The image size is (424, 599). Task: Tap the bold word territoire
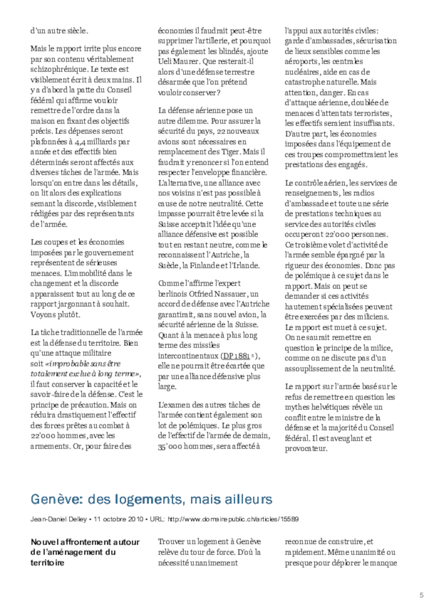tap(47, 563)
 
